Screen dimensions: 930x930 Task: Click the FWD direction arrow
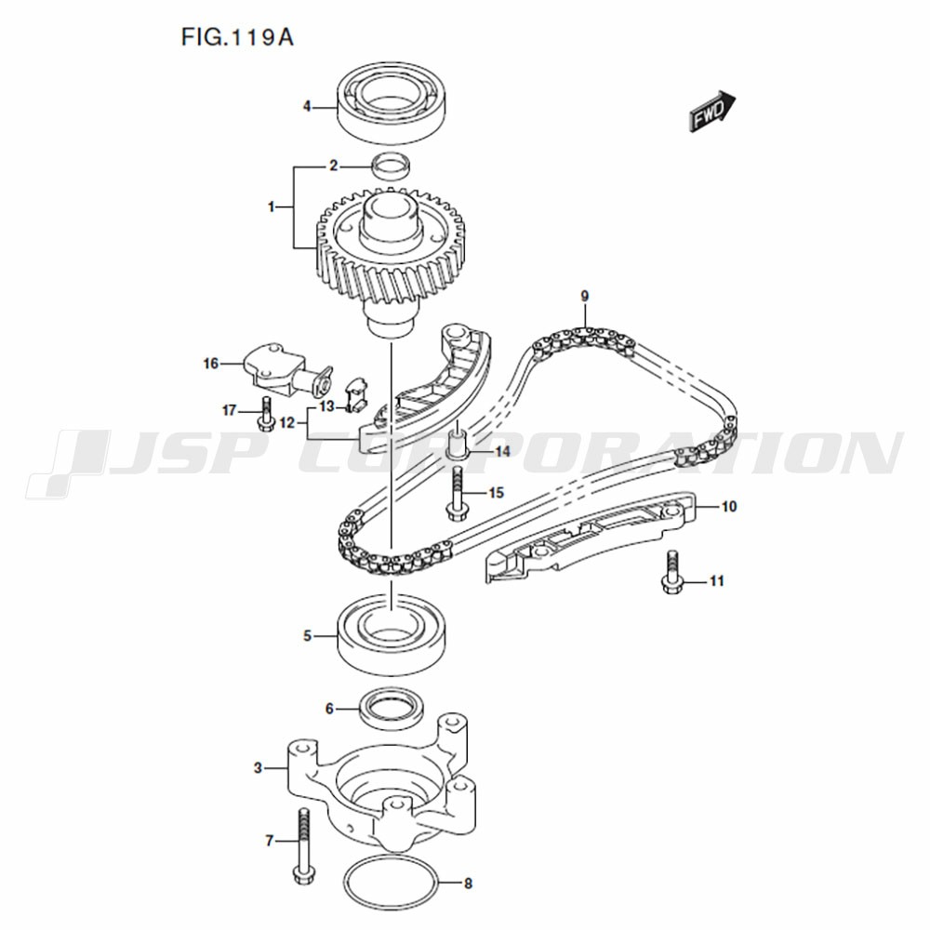tap(711, 111)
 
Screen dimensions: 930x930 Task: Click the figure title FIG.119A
tap(237, 37)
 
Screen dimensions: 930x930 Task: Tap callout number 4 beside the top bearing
tap(307, 107)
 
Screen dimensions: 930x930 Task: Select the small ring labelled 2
tap(391, 166)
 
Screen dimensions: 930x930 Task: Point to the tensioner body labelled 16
tap(287, 371)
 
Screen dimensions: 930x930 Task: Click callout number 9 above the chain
tap(585, 296)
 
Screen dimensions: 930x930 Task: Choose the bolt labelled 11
tap(671, 572)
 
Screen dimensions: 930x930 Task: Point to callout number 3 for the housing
tap(258, 768)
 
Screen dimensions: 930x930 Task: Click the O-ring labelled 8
tap(392, 882)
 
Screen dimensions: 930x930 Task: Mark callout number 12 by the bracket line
tap(287, 423)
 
